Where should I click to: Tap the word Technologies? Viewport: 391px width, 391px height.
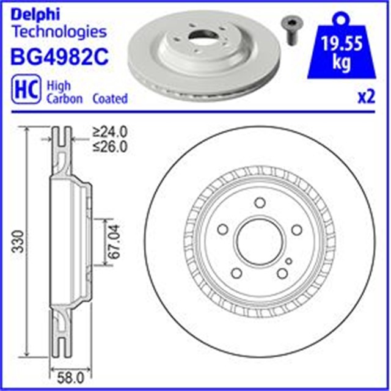coord(59,32)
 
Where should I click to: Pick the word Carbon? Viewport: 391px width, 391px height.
coord(65,98)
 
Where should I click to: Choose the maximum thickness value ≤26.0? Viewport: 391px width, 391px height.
coord(109,146)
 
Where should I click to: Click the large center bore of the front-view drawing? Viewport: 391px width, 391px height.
coord(258,239)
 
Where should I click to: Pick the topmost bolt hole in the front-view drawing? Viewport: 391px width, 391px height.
coord(258,203)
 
